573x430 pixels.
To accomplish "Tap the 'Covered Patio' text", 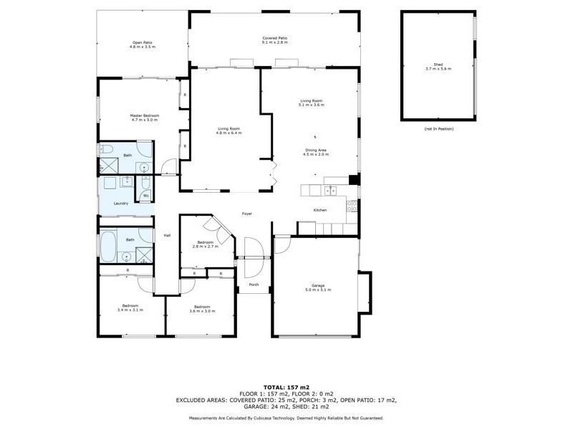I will (x=274, y=38).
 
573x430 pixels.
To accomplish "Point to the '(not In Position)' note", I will (x=438, y=128).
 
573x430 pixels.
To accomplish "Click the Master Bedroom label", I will (x=144, y=115).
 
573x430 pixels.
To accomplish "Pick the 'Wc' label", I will (x=145, y=196).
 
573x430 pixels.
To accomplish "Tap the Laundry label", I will (x=121, y=204).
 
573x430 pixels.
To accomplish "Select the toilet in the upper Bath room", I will (x=106, y=151).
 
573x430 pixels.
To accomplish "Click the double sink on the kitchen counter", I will (x=330, y=190).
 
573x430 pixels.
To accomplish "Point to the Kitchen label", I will (x=320, y=209).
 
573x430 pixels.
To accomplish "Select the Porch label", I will (x=254, y=284).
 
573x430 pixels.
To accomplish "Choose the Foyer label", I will (x=247, y=214).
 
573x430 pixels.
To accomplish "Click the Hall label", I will (x=167, y=235).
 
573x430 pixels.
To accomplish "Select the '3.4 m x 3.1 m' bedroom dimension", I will (x=130, y=310).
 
